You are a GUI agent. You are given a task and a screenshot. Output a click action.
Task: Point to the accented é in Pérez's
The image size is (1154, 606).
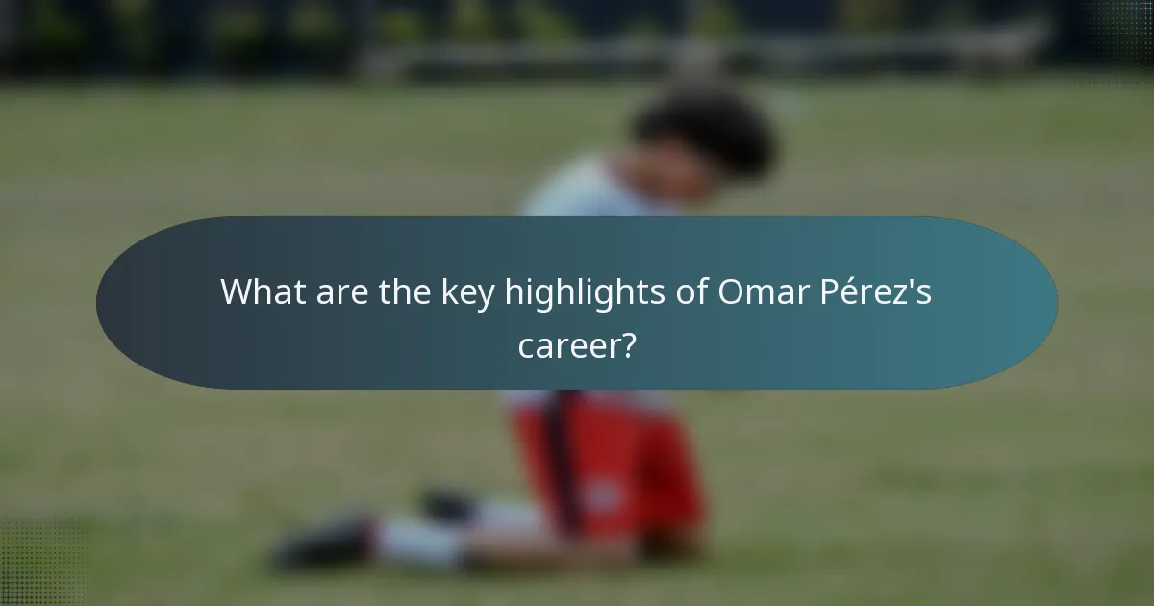856,292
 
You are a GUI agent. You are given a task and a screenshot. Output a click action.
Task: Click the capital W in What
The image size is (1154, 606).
236,292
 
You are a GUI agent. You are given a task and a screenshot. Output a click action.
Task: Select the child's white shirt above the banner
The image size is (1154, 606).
577,192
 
